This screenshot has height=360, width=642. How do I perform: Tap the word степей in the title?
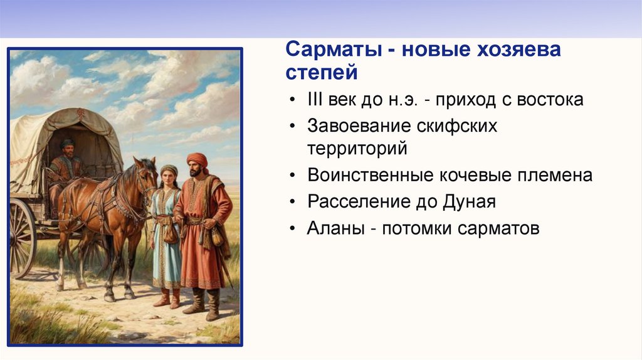(x=322, y=72)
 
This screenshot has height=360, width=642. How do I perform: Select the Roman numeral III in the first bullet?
(x=315, y=100)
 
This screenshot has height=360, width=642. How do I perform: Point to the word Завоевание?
(x=358, y=125)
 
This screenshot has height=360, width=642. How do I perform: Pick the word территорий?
(x=357, y=149)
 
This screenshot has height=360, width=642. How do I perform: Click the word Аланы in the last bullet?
(x=336, y=228)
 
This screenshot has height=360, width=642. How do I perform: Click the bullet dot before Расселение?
(x=292, y=202)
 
